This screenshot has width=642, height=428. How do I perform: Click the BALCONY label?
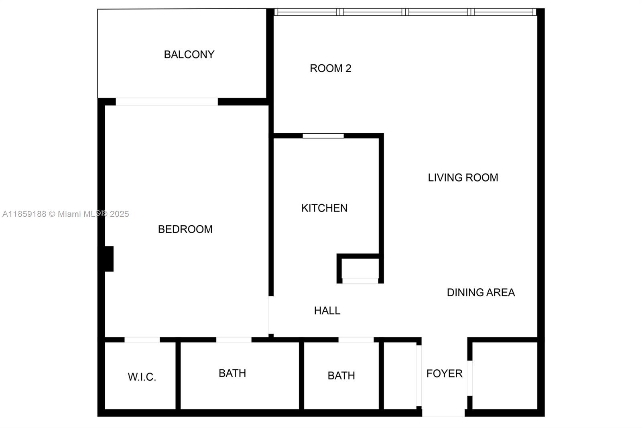click(x=189, y=55)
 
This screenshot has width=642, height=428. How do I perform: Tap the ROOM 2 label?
click(x=331, y=68)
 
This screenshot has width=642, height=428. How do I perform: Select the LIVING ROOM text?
click(x=463, y=177)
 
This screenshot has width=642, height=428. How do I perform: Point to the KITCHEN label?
click(x=324, y=208)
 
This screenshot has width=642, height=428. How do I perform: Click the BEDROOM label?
click(x=185, y=229)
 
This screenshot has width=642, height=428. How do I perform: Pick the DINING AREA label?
click(x=481, y=292)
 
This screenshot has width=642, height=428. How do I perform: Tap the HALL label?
click(x=327, y=311)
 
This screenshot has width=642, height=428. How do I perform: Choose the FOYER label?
click(x=445, y=373)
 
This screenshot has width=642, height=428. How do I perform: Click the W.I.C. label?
click(x=142, y=377)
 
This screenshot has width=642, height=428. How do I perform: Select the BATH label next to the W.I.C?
click(x=232, y=373)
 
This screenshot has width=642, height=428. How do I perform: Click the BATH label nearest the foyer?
click(x=341, y=375)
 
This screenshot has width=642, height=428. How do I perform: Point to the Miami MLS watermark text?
click(x=66, y=214)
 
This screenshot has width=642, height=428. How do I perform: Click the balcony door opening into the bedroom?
click(x=167, y=102)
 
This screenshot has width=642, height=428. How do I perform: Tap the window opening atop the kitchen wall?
click(x=323, y=136)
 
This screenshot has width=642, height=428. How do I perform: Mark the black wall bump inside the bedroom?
click(x=108, y=259)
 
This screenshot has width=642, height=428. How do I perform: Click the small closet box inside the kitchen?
click(x=360, y=269)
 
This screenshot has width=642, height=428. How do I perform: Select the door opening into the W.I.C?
click(x=142, y=340)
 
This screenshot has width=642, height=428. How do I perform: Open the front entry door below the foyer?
click(x=443, y=413)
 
